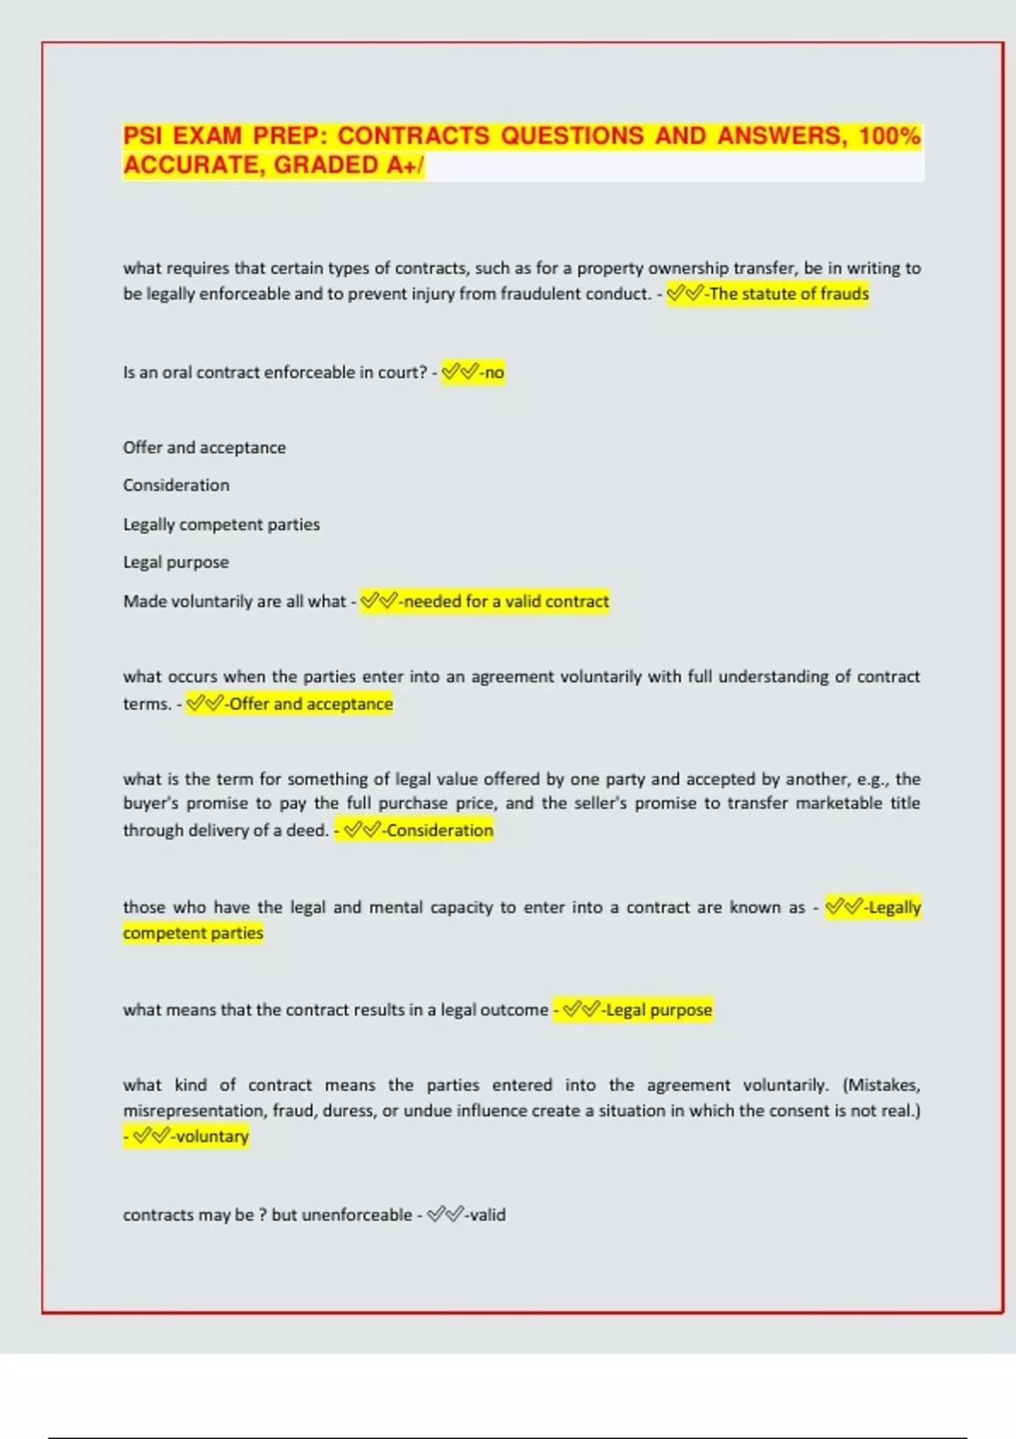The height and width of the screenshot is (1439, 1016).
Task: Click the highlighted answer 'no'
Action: [494, 372]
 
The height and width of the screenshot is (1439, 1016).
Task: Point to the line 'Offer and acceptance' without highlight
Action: [204, 448]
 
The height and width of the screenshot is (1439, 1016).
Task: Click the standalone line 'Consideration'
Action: [176, 485]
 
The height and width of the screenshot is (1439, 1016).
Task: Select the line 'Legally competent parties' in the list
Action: [221, 525]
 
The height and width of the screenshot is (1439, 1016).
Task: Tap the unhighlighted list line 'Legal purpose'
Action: [175, 562]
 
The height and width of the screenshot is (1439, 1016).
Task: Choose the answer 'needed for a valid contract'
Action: [506, 602]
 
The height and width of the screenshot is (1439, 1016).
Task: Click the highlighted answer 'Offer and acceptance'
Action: [311, 704]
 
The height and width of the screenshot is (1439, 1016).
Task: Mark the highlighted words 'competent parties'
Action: [193, 933]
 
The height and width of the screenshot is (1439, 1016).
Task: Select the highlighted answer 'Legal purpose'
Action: [659, 1010]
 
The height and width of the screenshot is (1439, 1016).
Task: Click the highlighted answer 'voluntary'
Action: [212, 1137]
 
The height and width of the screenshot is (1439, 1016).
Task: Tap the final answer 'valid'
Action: [488, 1215]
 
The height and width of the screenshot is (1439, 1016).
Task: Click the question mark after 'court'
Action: [423, 372]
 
